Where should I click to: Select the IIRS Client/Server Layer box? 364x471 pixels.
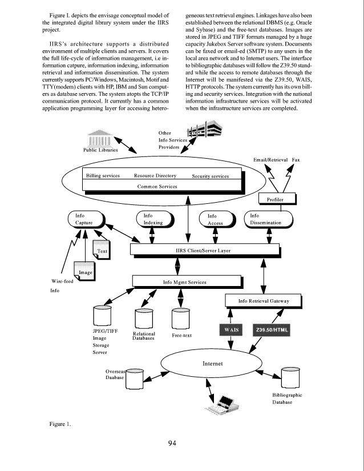click(x=204, y=249)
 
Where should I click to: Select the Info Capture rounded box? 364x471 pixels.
click(x=84, y=219)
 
